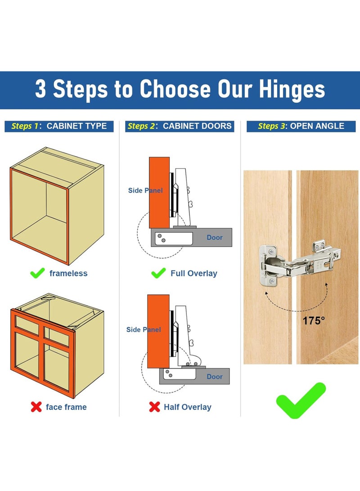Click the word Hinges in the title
[292, 89]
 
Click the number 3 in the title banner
[40, 89]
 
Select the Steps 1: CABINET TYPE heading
[59, 126]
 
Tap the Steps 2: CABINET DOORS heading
[180, 126]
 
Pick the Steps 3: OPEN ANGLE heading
[301, 126]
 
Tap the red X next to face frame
[36, 407]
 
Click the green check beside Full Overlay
[158, 273]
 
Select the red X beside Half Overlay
[154, 407]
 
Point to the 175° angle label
[314, 321]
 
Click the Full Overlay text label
[193, 273]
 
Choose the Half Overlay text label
[187, 407]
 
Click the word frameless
[68, 273]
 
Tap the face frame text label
[66, 407]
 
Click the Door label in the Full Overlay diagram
[215, 237]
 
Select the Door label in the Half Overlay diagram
[215, 376]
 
